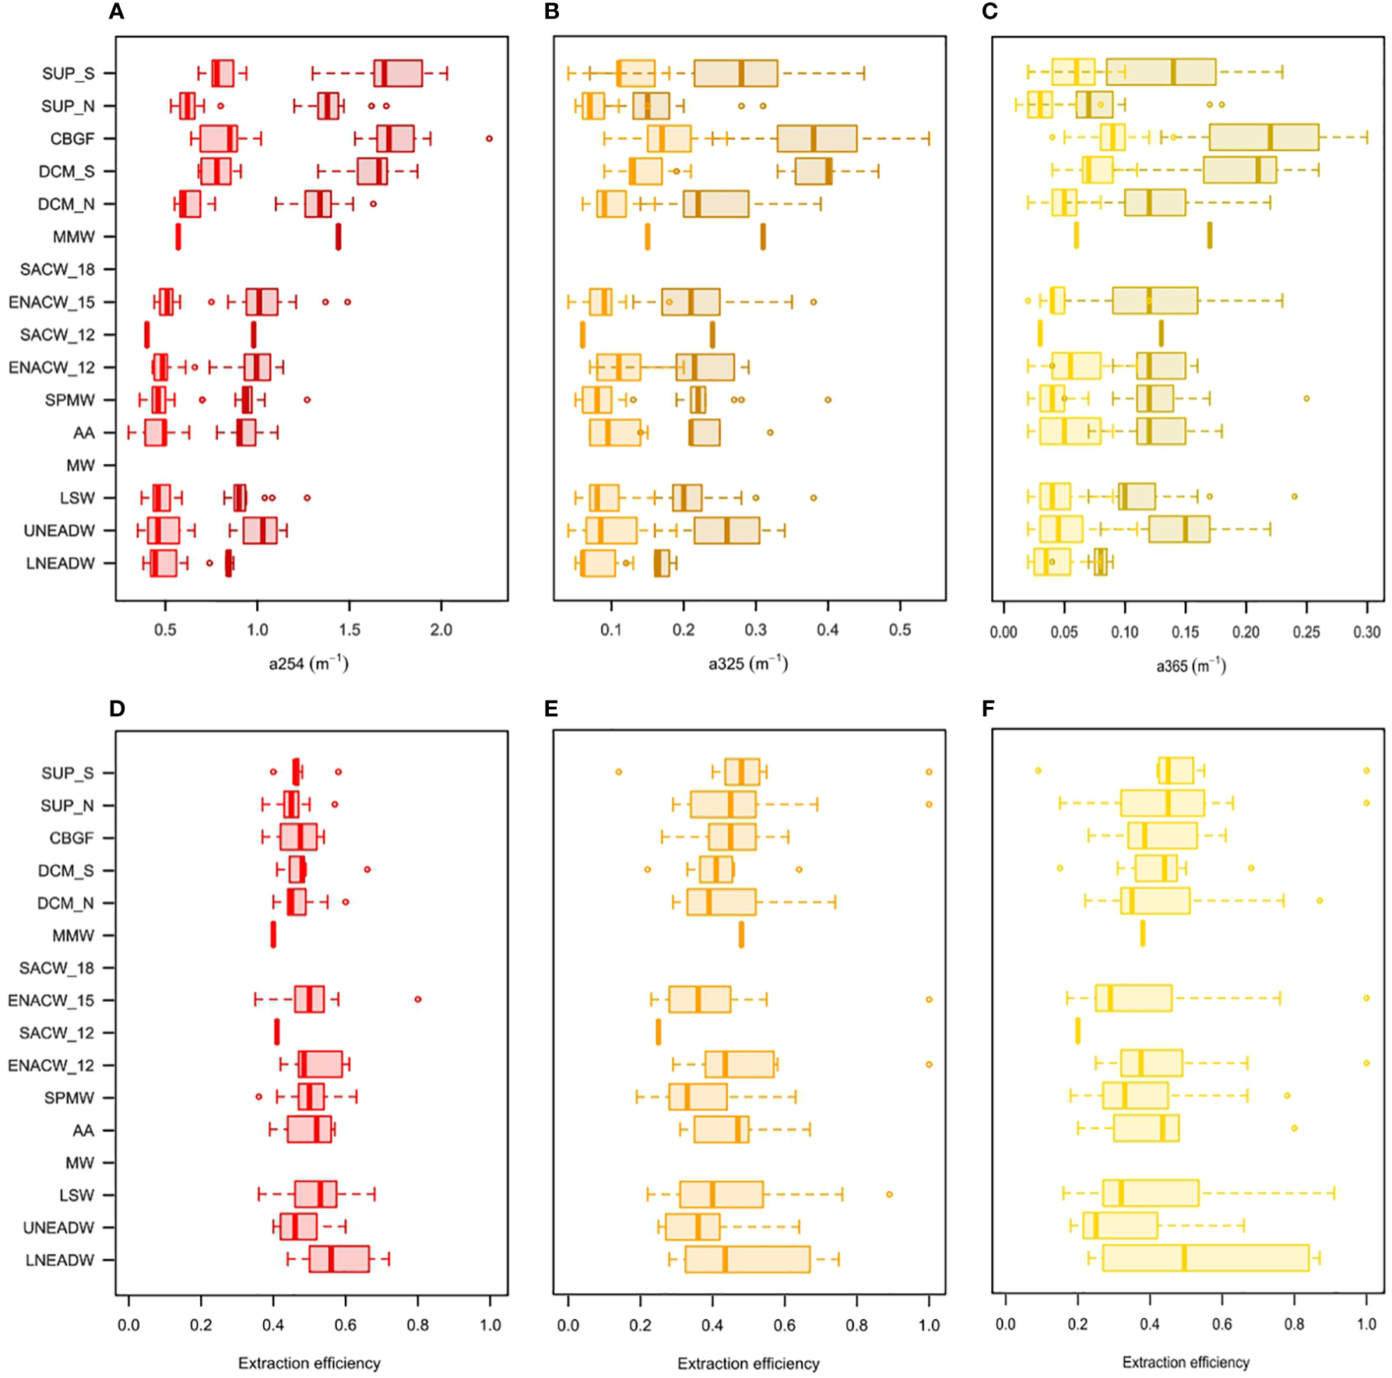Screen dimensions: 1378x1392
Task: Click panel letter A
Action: pyautogui.click(x=117, y=12)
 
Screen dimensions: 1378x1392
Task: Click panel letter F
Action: pyautogui.click(x=989, y=708)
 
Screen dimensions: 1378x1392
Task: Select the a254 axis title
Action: pyautogui.click(x=308, y=664)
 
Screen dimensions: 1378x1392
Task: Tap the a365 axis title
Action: pyautogui.click(x=1190, y=666)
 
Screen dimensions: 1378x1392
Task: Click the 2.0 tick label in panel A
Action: pyautogui.click(x=441, y=630)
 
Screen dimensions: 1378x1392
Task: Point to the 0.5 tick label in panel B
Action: pyautogui.click(x=899, y=630)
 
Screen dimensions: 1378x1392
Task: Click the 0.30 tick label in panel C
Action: pyautogui.click(x=1366, y=632)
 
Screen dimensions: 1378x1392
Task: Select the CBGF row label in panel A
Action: pyautogui.click(x=72, y=139)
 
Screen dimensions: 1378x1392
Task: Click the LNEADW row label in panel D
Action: pyautogui.click(x=60, y=1260)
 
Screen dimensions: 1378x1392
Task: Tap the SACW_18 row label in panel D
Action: pyautogui.click(x=56, y=968)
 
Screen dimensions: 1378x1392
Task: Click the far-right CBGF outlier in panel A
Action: pyautogui.click(x=489, y=139)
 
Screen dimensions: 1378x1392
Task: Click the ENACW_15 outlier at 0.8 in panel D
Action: pyautogui.click(x=418, y=999)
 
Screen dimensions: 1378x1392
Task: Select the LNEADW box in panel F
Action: pyautogui.click(x=1205, y=1258)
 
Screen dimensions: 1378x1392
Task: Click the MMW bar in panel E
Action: pyautogui.click(x=741, y=934)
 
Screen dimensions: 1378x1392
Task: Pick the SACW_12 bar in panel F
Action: pyautogui.click(x=1077, y=1031)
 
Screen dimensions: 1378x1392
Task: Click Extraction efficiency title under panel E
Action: pyautogui.click(x=748, y=1363)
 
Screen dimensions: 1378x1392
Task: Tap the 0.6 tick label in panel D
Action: pyautogui.click(x=345, y=1325)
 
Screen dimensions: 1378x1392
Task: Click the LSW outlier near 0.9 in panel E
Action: pyautogui.click(x=889, y=1194)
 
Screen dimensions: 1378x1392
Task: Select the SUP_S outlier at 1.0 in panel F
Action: pyautogui.click(x=1366, y=770)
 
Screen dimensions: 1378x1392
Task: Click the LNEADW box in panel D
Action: pyautogui.click(x=339, y=1259)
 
